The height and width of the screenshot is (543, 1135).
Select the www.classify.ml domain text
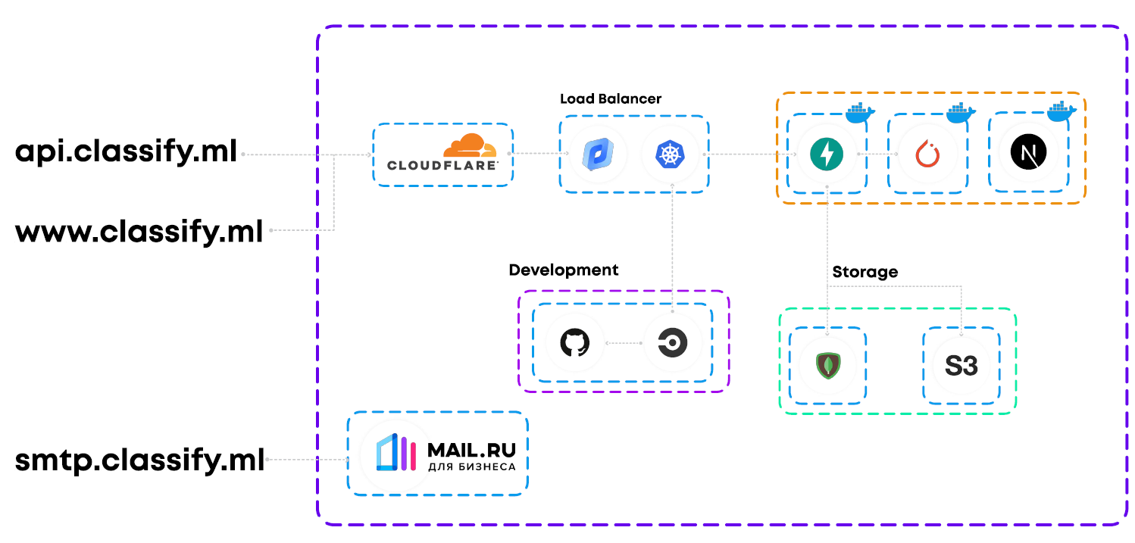139,230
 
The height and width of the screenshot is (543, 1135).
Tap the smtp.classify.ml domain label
140,460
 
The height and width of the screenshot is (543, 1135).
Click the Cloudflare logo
443,154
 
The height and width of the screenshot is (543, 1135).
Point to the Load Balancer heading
611,99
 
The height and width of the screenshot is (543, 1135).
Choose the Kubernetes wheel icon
669,154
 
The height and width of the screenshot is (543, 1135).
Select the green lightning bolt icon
827,154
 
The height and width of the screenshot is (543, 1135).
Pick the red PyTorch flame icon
927,154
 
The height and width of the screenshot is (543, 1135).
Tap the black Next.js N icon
1028,154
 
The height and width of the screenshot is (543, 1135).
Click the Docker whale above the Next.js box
1062,111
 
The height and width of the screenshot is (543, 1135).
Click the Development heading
564,270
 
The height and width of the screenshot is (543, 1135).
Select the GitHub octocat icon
574,344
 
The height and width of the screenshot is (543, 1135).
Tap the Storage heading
865,272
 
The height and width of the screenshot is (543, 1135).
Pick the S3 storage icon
961,367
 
